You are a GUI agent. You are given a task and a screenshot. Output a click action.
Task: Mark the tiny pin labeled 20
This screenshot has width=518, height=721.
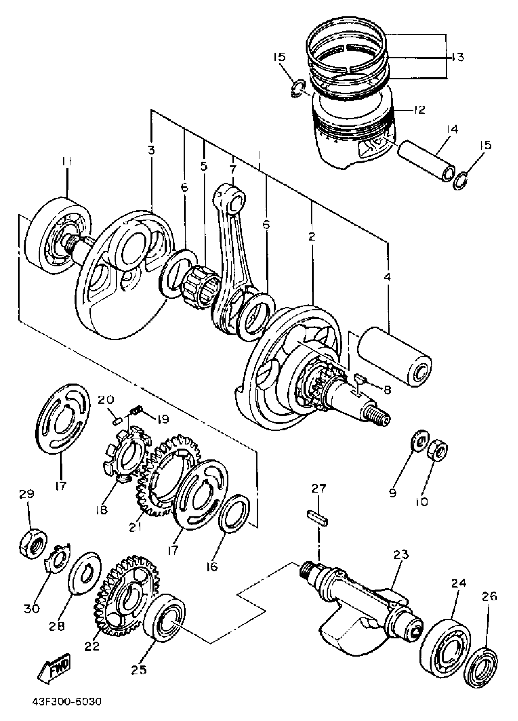click(x=117, y=422)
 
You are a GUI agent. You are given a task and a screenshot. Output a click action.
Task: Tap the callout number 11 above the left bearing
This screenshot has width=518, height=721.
click(x=66, y=162)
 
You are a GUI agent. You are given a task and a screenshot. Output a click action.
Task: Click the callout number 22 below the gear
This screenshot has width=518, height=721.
click(x=92, y=646)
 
